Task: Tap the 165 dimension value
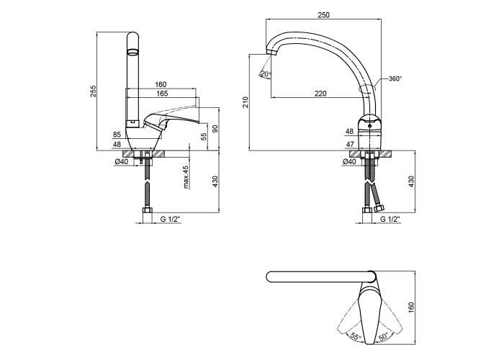click(x=162, y=94)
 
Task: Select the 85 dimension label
click(x=117, y=135)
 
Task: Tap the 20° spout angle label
click(x=266, y=73)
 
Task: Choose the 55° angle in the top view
click(x=356, y=336)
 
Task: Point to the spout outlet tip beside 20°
click(x=273, y=55)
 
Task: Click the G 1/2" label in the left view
click(x=171, y=218)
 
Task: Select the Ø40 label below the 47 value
click(x=350, y=162)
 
